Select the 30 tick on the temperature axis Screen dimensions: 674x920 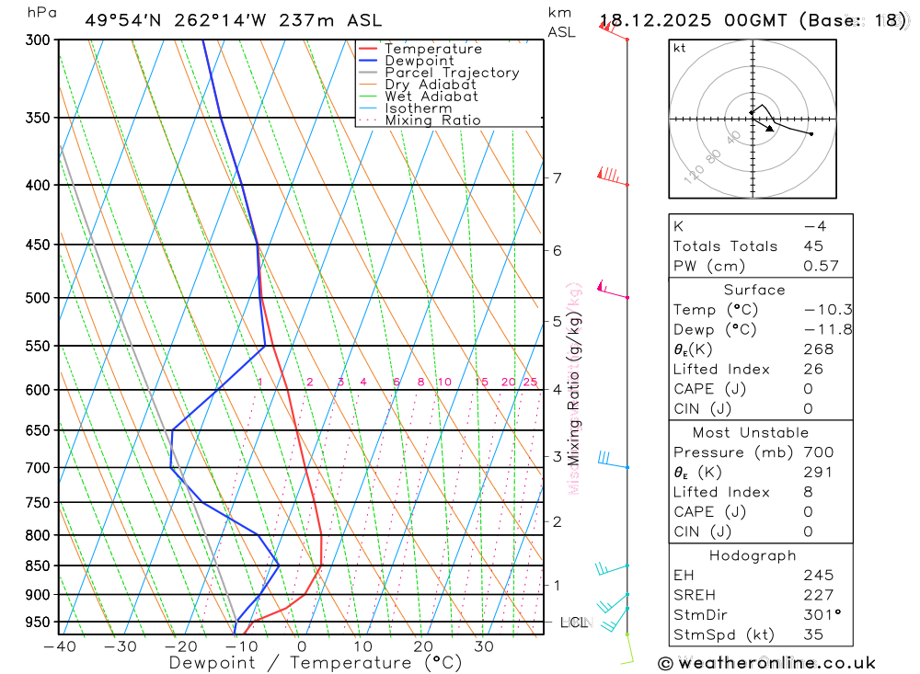coord(483,646)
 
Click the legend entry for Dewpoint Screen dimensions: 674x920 coord(420,61)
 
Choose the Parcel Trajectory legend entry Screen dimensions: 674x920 coord(452,73)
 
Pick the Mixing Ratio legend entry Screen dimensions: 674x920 coord(432,120)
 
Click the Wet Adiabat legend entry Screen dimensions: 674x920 coord(431,97)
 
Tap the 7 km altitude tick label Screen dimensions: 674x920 coord(558,177)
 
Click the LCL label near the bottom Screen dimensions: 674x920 coord(573,623)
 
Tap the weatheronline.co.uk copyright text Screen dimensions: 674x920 coord(766,663)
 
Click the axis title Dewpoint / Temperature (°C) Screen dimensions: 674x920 coord(315,662)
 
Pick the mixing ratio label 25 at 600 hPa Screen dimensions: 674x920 coord(530,383)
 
